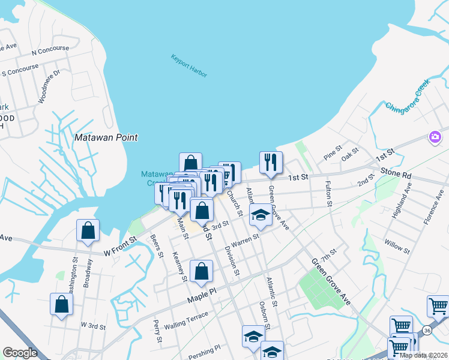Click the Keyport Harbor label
point(188,66)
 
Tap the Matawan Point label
point(106,137)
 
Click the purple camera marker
point(435,137)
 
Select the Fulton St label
point(328,194)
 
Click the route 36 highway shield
point(427,330)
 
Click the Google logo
point(20,353)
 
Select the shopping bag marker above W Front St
point(88,230)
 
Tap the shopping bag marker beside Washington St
point(61,304)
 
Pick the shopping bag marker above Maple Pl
point(201,271)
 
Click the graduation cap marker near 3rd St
point(260,215)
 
